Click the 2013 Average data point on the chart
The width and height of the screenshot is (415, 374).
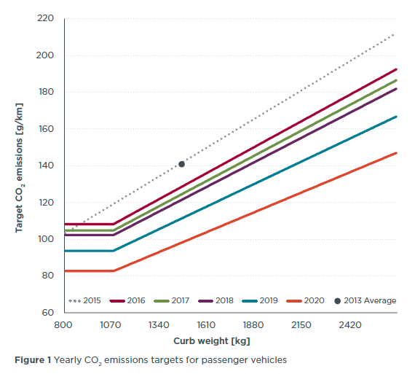pos(181,164)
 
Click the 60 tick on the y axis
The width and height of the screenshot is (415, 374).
pos(48,313)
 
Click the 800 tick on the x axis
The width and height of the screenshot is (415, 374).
pos(64,325)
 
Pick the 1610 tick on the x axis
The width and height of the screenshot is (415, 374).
pos(206,325)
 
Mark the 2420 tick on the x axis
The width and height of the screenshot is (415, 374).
pos(349,325)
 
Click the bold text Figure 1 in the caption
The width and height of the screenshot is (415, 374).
pos(33,359)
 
